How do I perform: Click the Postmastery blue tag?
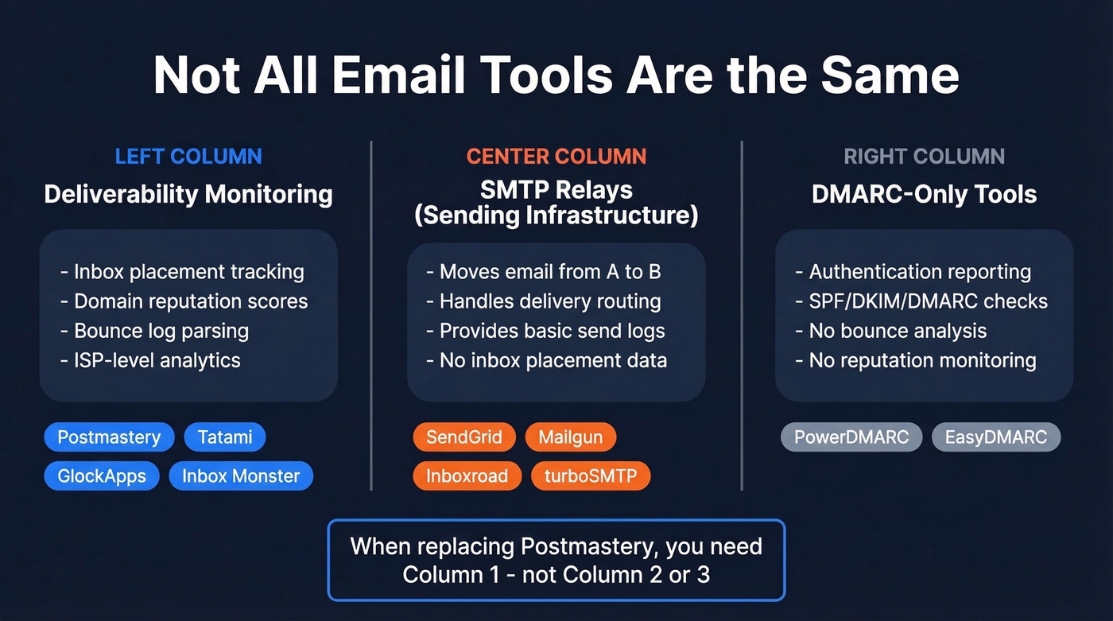109,437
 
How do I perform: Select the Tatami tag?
225,437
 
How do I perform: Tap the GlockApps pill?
102,476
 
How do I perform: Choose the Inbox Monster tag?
241,476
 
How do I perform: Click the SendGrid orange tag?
464,437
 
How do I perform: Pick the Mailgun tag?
570,437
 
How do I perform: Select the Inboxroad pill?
467,476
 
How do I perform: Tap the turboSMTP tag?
591,476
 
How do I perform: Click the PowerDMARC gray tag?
851,437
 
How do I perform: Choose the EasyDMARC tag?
995,437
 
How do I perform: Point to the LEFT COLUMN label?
188,156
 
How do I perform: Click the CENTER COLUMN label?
556,156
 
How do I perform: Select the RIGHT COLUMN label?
924,156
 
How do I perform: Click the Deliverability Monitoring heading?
188,194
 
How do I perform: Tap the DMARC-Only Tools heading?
924,194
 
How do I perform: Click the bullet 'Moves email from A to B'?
544,272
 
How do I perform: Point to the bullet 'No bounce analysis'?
890,331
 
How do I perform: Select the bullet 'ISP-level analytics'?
150,360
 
